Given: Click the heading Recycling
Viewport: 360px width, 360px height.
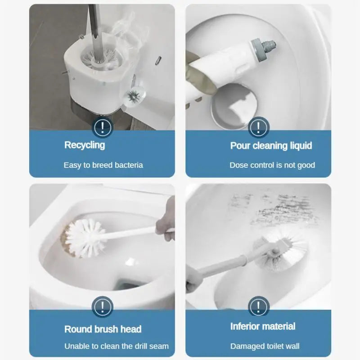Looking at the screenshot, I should click(x=85, y=145).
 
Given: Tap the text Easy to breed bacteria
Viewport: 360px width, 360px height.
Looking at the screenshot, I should click(x=103, y=165).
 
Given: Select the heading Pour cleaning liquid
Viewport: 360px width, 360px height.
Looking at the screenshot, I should click(x=271, y=145).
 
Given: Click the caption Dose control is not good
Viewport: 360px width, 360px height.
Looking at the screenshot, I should click(x=272, y=165).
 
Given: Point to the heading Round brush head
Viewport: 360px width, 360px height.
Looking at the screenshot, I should click(x=103, y=329).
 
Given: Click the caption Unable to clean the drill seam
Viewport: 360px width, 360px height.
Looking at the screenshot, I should click(x=117, y=346).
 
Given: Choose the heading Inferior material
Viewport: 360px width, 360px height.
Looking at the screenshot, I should click(x=263, y=326).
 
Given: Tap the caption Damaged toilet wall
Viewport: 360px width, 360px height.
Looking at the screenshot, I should click(x=265, y=346).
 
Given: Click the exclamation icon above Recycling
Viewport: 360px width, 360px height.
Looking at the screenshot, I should click(x=103, y=128).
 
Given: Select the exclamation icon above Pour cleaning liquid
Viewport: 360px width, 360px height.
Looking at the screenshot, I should click(x=258, y=128).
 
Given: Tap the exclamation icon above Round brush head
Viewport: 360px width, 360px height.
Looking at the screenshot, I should click(x=103, y=308).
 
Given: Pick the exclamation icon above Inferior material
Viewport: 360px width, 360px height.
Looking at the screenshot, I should click(x=258, y=308).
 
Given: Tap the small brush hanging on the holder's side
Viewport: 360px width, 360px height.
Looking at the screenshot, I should click(x=133, y=95).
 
